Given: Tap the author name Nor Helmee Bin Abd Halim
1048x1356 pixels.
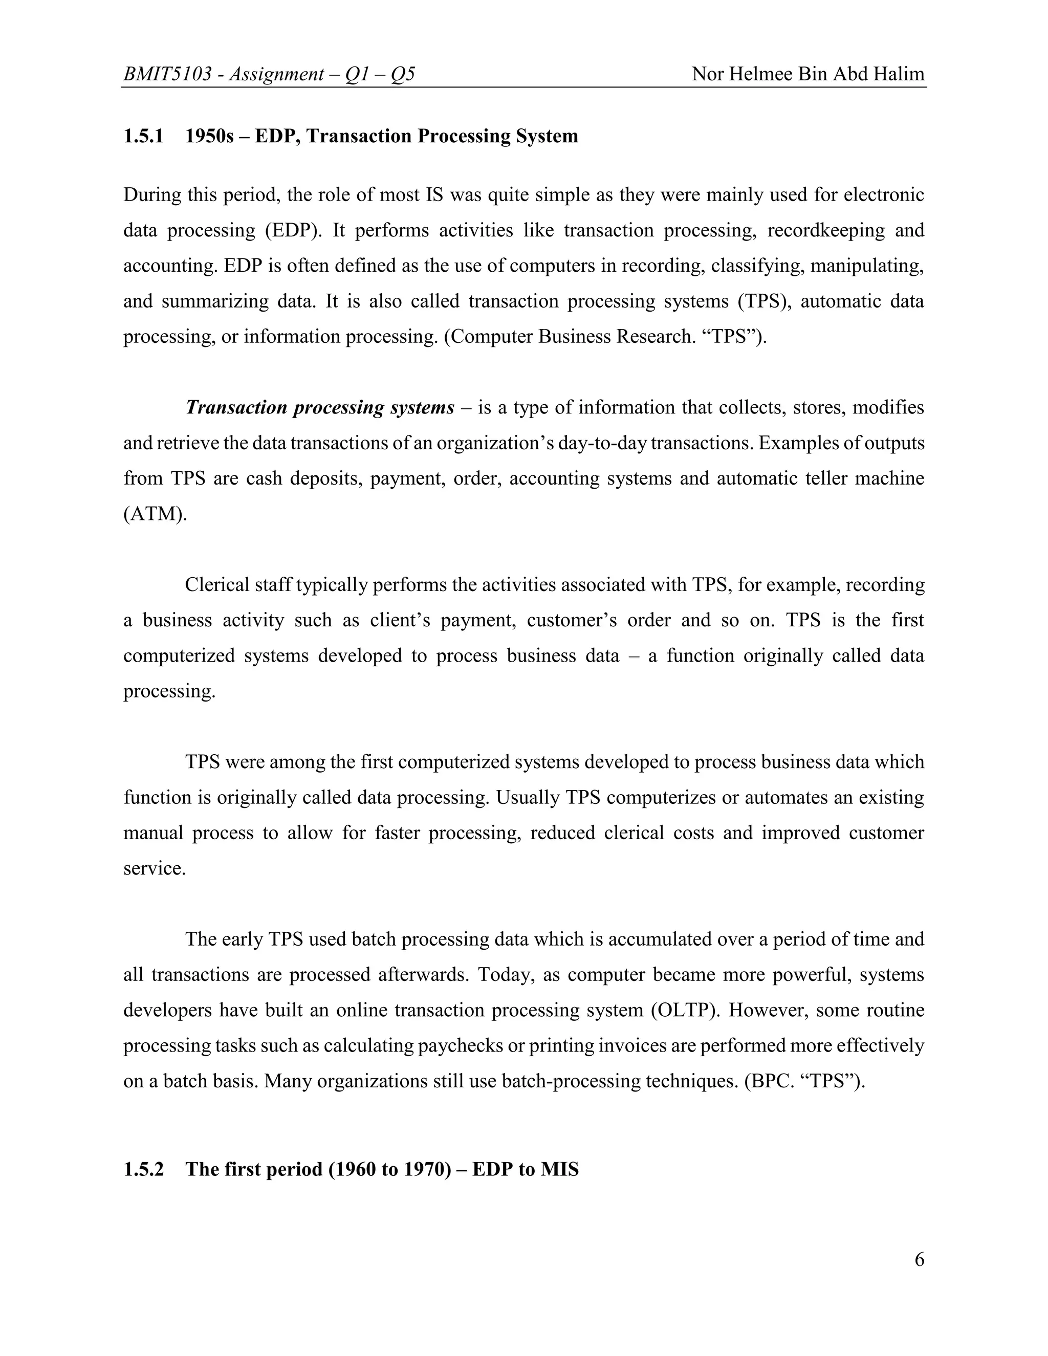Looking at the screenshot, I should (x=807, y=75).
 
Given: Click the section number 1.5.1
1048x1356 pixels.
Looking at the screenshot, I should (x=143, y=136).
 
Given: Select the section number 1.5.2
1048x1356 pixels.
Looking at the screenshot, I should (x=143, y=1169).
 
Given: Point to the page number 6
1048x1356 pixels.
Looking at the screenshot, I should (x=919, y=1259).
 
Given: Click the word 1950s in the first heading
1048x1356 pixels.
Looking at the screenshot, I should (x=209, y=136).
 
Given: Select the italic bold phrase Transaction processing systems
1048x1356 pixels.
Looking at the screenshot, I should (x=320, y=408).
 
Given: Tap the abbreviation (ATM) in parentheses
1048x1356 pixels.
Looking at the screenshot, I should (x=155, y=514).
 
